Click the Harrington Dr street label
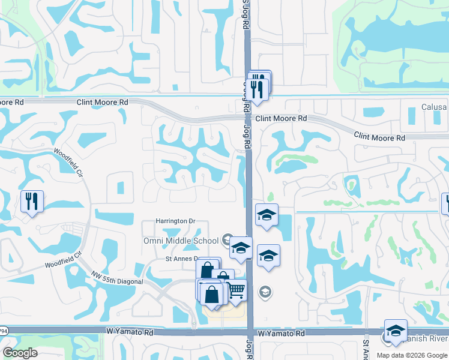(x=175, y=221)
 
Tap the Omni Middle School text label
(x=181, y=241)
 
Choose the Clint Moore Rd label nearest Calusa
(x=379, y=137)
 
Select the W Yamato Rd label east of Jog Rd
(x=282, y=333)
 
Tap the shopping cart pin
(x=236, y=290)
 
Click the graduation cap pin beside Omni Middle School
(x=241, y=247)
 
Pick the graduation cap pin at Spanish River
(x=396, y=330)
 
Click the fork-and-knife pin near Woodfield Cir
(x=32, y=201)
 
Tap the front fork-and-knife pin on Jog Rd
(x=258, y=90)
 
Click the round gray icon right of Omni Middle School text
(x=227, y=240)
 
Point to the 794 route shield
(x=3, y=331)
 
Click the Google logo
(x=20, y=353)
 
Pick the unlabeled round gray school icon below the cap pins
(x=265, y=292)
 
